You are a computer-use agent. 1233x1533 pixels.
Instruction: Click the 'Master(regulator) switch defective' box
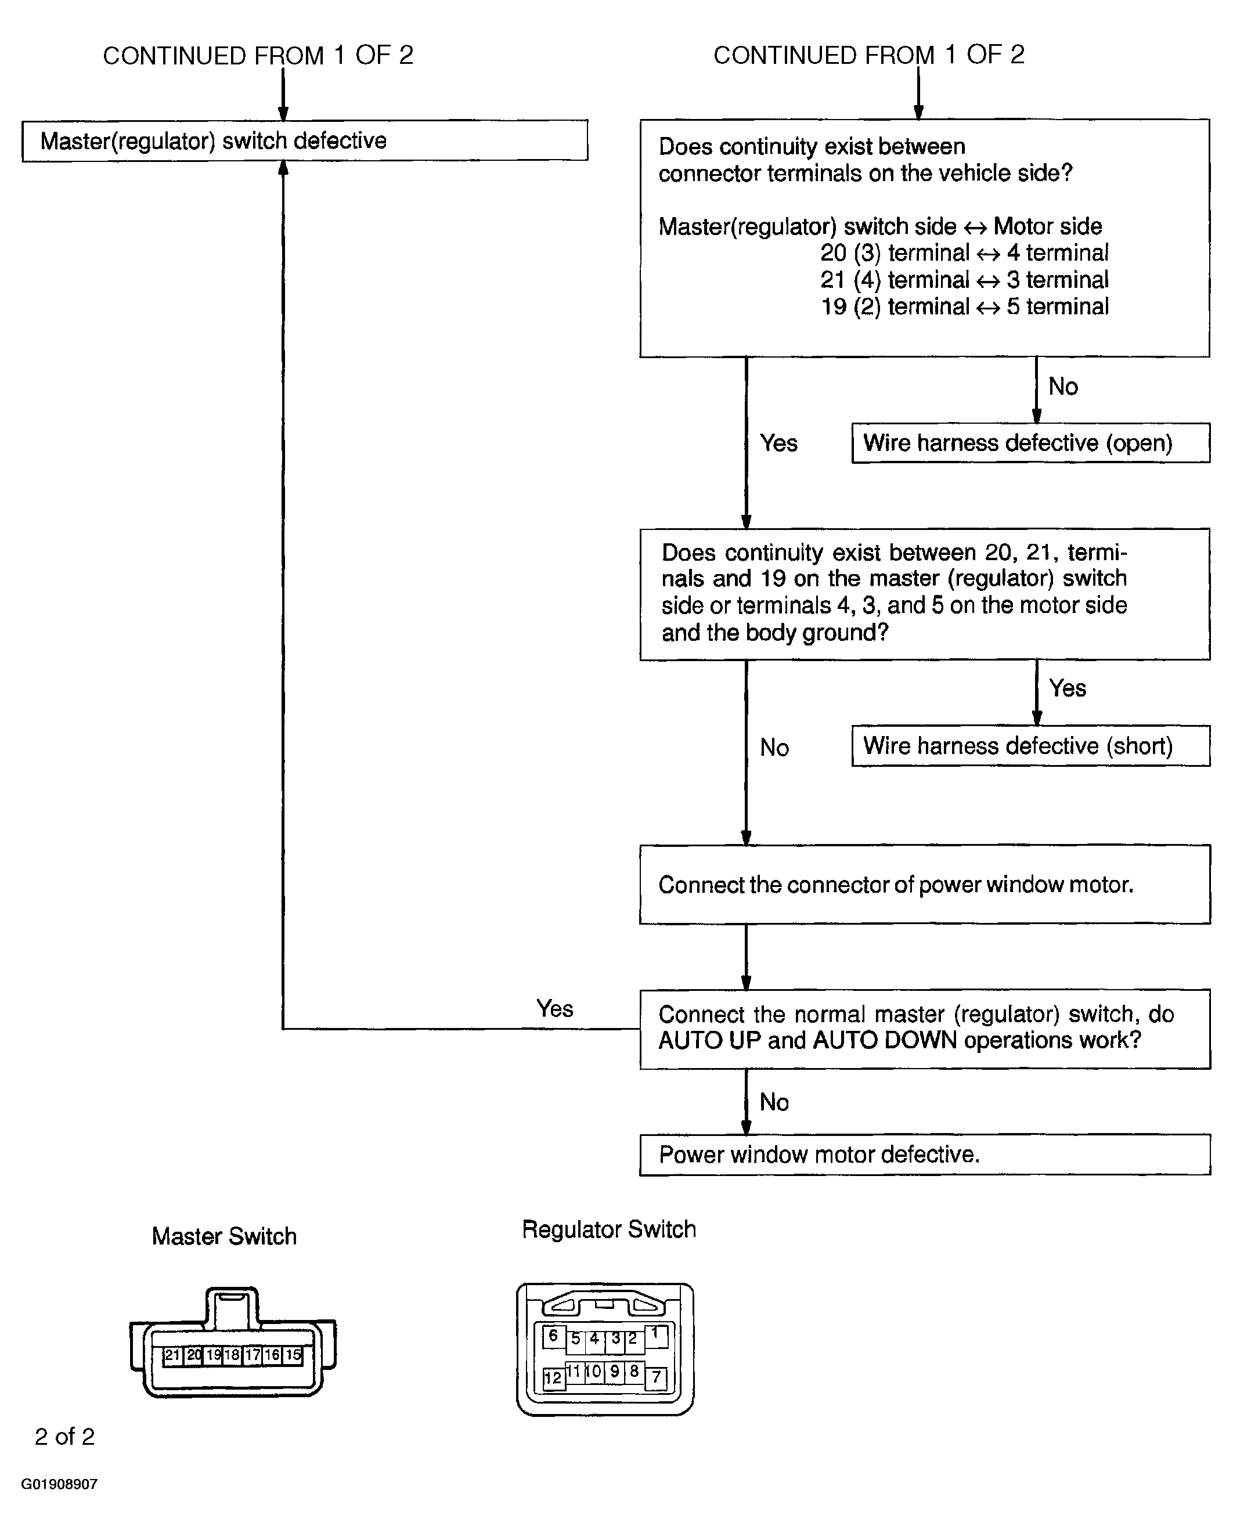304,141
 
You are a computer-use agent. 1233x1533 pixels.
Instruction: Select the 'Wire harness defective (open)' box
1030,443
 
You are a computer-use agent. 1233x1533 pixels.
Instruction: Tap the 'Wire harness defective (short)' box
1030,746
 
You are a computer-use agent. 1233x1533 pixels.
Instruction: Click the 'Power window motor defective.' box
924,1154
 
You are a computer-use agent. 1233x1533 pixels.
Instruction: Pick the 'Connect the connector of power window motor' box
924,885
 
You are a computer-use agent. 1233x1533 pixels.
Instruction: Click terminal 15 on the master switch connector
293,1355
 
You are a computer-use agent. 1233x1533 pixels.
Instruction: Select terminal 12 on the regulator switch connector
553,1378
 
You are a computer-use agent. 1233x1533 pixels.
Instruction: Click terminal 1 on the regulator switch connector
655,1334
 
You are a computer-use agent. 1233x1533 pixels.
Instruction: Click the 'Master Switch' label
224,1236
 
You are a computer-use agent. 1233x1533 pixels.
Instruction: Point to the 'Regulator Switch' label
609,1229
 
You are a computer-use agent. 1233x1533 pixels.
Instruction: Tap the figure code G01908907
59,1484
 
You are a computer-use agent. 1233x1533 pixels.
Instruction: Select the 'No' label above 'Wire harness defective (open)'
1063,387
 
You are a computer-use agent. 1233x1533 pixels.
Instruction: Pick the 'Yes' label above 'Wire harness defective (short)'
1068,688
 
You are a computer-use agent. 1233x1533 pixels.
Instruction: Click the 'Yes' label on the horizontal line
554,1008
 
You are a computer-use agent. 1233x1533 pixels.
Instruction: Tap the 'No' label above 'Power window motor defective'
774,1102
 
